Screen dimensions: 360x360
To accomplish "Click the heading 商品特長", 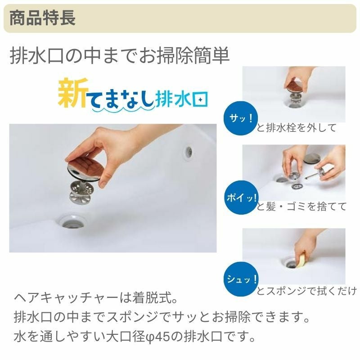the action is [x=42, y=18].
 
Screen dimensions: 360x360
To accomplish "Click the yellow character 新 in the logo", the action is [x=73, y=93].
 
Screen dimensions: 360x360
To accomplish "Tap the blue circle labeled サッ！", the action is [x=241, y=118].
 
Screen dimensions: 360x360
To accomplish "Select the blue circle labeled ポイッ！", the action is [x=241, y=198].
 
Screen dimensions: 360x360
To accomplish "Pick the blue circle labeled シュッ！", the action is [x=241, y=279].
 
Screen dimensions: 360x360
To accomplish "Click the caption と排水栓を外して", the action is [x=297, y=127].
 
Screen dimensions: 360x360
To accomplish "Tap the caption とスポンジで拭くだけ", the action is [x=307, y=291].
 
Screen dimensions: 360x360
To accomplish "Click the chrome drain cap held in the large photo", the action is [x=85, y=169].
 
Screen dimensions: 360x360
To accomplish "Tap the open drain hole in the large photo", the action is [x=72, y=222].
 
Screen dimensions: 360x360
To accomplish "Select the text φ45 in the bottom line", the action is [x=157, y=337].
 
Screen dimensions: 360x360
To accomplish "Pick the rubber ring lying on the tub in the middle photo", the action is [x=297, y=186].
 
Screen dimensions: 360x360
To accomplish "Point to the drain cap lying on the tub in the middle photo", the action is [x=311, y=158].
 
